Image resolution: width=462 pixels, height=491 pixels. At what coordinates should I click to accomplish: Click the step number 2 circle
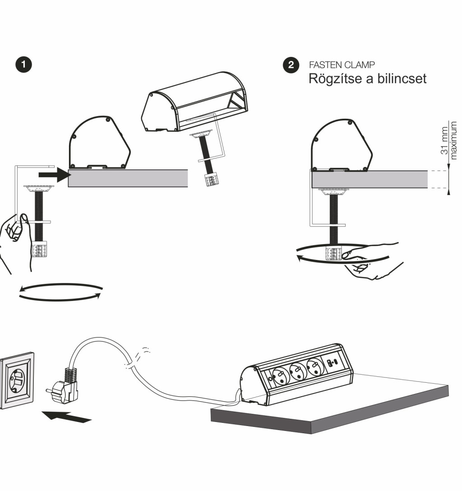click(291, 65)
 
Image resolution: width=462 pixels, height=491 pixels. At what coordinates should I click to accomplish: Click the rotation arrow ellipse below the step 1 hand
click(60, 292)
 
